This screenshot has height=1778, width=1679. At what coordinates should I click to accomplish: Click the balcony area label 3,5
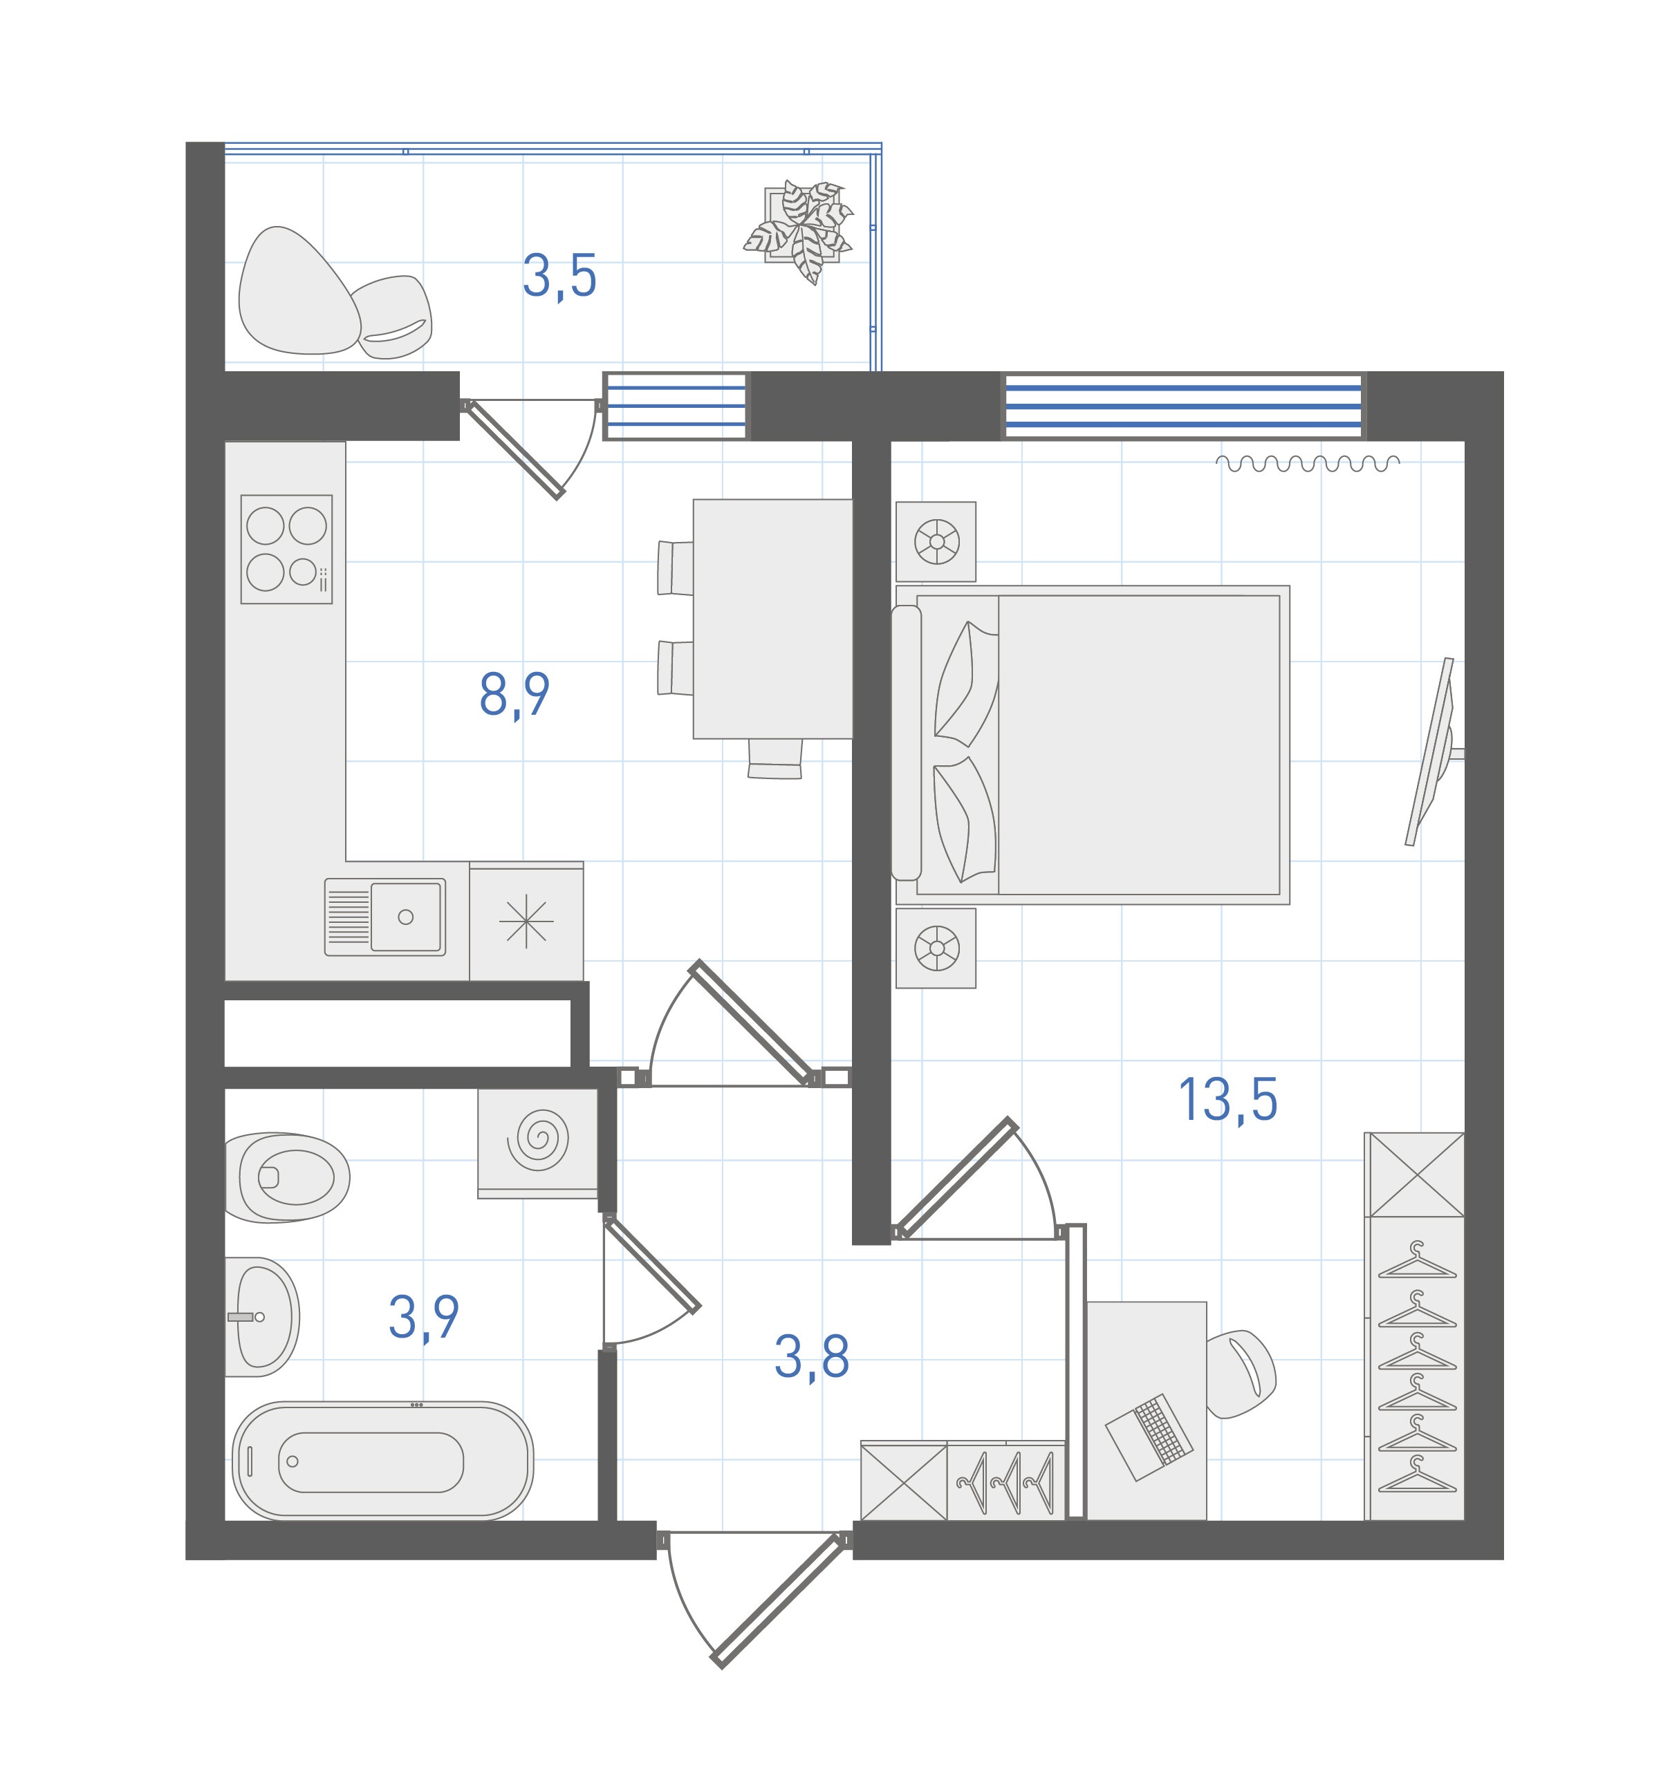click(x=559, y=277)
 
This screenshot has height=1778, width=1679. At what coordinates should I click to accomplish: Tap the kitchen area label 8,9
click(x=514, y=694)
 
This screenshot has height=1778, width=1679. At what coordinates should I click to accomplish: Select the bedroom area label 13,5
click(x=1228, y=1100)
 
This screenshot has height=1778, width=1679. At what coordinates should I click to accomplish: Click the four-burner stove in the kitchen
click(x=286, y=550)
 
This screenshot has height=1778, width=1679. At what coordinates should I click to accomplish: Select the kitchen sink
click(x=385, y=916)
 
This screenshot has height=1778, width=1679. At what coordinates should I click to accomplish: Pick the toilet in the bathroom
click(x=286, y=1177)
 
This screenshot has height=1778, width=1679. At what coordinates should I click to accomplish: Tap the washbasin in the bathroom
click(x=261, y=1316)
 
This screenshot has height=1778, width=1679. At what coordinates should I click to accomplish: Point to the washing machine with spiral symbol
click(x=538, y=1143)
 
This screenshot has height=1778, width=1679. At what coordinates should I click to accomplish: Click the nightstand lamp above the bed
click(x=936, y=541)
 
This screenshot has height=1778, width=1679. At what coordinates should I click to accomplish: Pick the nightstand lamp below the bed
click(x=936, y=948)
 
